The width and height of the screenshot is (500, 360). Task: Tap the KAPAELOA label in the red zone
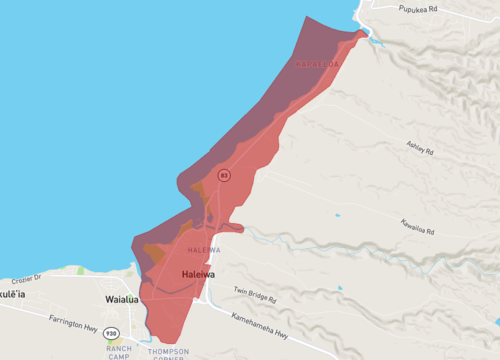pos(317,65)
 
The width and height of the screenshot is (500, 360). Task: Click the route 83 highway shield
pos(225,175)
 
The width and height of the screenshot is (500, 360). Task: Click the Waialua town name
pos(126,299)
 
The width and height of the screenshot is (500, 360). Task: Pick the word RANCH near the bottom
pos(119,348)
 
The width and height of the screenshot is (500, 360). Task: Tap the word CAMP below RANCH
pos(119,356)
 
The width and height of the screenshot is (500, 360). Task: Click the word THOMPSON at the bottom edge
pos(167,351)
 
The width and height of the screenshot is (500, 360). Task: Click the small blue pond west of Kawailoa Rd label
pos(337,214)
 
